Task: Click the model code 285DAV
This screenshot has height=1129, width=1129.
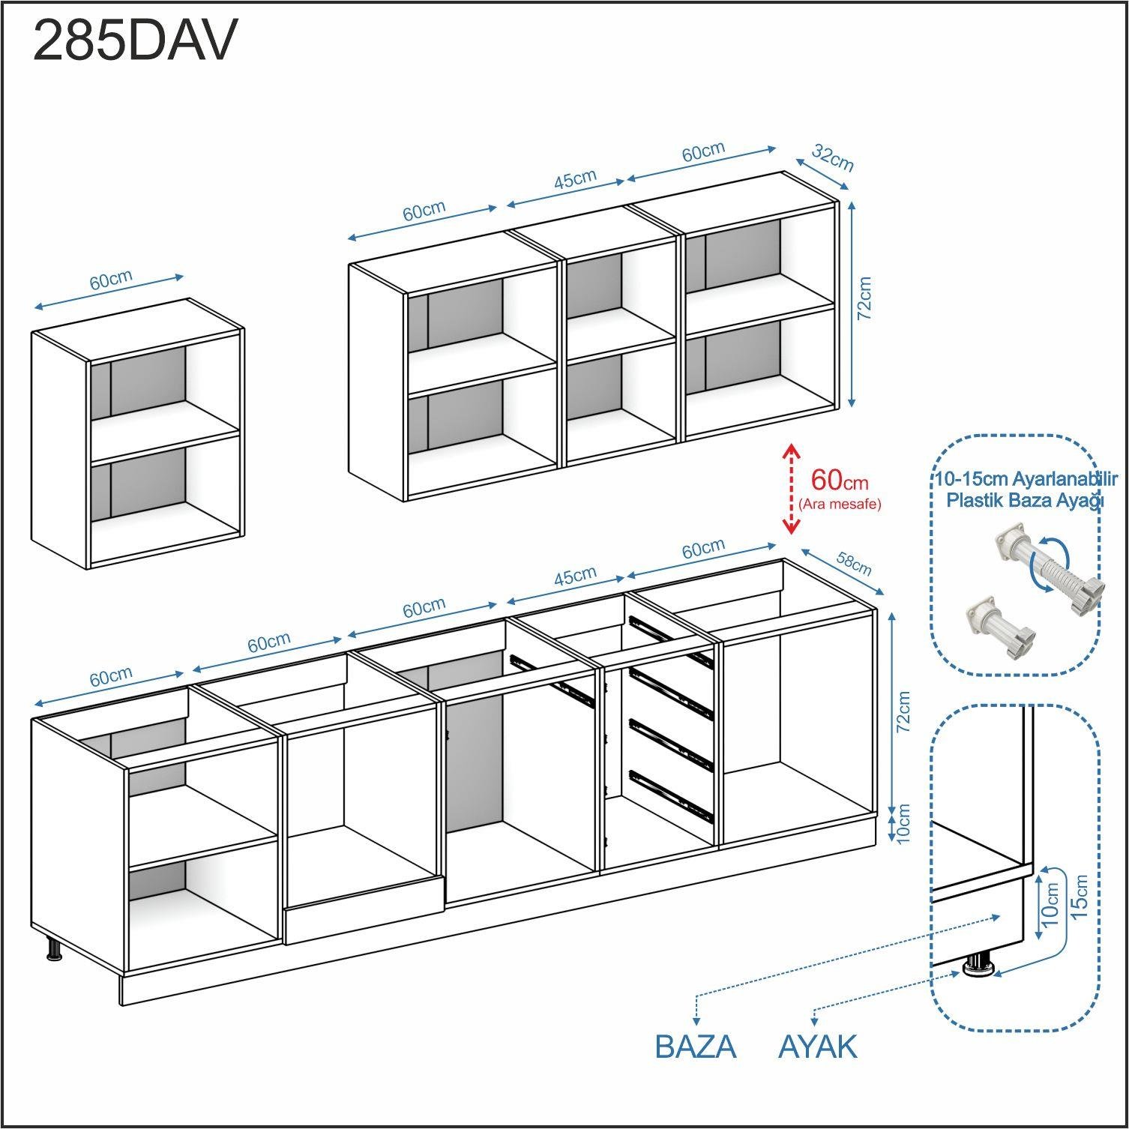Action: tap(135, 40)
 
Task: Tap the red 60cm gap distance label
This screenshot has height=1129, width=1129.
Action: tap(840, 479)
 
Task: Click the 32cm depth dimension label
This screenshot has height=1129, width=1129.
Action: tap(833, 158)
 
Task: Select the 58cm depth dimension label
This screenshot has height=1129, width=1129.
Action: tap(854, 564)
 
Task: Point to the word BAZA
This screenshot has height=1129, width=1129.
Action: tap(696, 1047)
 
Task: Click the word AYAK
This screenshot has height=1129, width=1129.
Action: tap(817, 1047)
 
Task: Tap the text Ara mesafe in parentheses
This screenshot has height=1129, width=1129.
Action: tap(840, 504)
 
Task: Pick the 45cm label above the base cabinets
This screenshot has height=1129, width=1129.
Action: tap(575, 576)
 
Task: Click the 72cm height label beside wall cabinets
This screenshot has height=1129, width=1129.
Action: tap(864, 298)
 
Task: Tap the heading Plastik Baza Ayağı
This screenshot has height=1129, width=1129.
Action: tap(1026, 500)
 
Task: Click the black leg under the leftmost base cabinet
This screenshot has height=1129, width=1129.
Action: tap(54, 949)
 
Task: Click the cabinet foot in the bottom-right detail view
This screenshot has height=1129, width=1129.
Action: tap(978, 965)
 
